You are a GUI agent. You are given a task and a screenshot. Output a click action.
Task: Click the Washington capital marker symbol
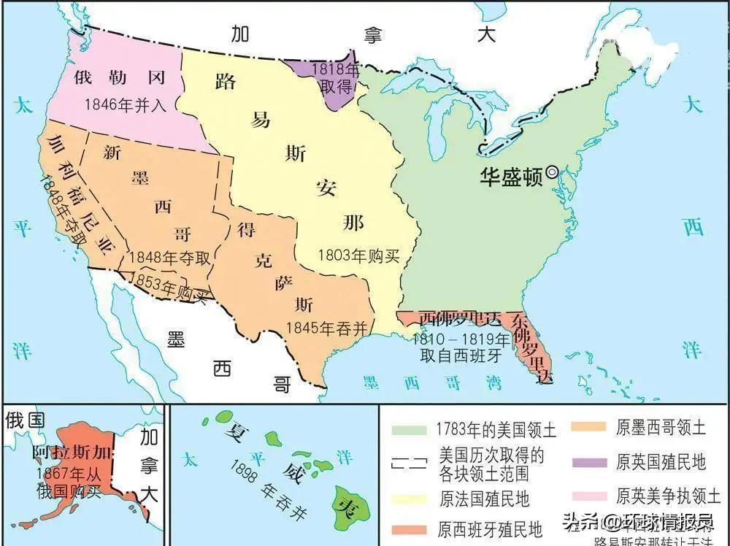click(553, 172)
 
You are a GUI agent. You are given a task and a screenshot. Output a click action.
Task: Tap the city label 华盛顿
click(512, 176)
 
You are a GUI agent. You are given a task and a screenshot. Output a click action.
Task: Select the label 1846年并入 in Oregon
click(126, 104)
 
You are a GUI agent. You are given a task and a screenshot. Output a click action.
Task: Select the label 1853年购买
click(166, 285)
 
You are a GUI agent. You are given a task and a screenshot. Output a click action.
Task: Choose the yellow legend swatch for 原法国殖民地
click(410, 499)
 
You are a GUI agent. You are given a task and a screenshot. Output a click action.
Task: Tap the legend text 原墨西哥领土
click(661, 428)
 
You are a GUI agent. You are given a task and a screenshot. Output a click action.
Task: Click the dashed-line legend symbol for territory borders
click(410, 463)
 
